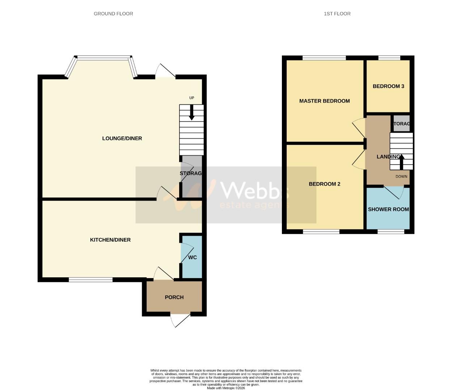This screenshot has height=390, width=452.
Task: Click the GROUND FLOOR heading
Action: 113,14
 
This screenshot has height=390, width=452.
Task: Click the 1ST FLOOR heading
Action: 337,14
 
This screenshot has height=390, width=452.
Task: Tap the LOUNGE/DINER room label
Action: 122,138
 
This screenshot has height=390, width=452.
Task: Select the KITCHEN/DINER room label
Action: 110,240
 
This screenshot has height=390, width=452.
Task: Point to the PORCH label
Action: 174,297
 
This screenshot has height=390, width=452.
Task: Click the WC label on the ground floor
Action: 193,257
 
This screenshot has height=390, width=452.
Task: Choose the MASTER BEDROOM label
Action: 324,101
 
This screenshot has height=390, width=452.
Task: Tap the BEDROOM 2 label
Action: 324,184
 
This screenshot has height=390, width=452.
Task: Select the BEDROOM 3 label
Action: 388,86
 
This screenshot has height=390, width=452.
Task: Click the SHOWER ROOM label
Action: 388,209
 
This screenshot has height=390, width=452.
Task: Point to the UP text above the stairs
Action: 192,98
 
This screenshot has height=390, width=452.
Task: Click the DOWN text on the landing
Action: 401,177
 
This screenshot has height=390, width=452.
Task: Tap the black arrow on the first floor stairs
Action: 401,161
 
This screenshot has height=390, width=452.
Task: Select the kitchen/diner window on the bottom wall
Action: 91,279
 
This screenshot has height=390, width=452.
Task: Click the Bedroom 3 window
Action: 389,58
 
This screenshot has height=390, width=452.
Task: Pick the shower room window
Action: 391,231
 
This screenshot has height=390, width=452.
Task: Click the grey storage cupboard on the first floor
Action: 401,123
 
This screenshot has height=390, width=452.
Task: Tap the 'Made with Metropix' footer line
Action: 226,388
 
